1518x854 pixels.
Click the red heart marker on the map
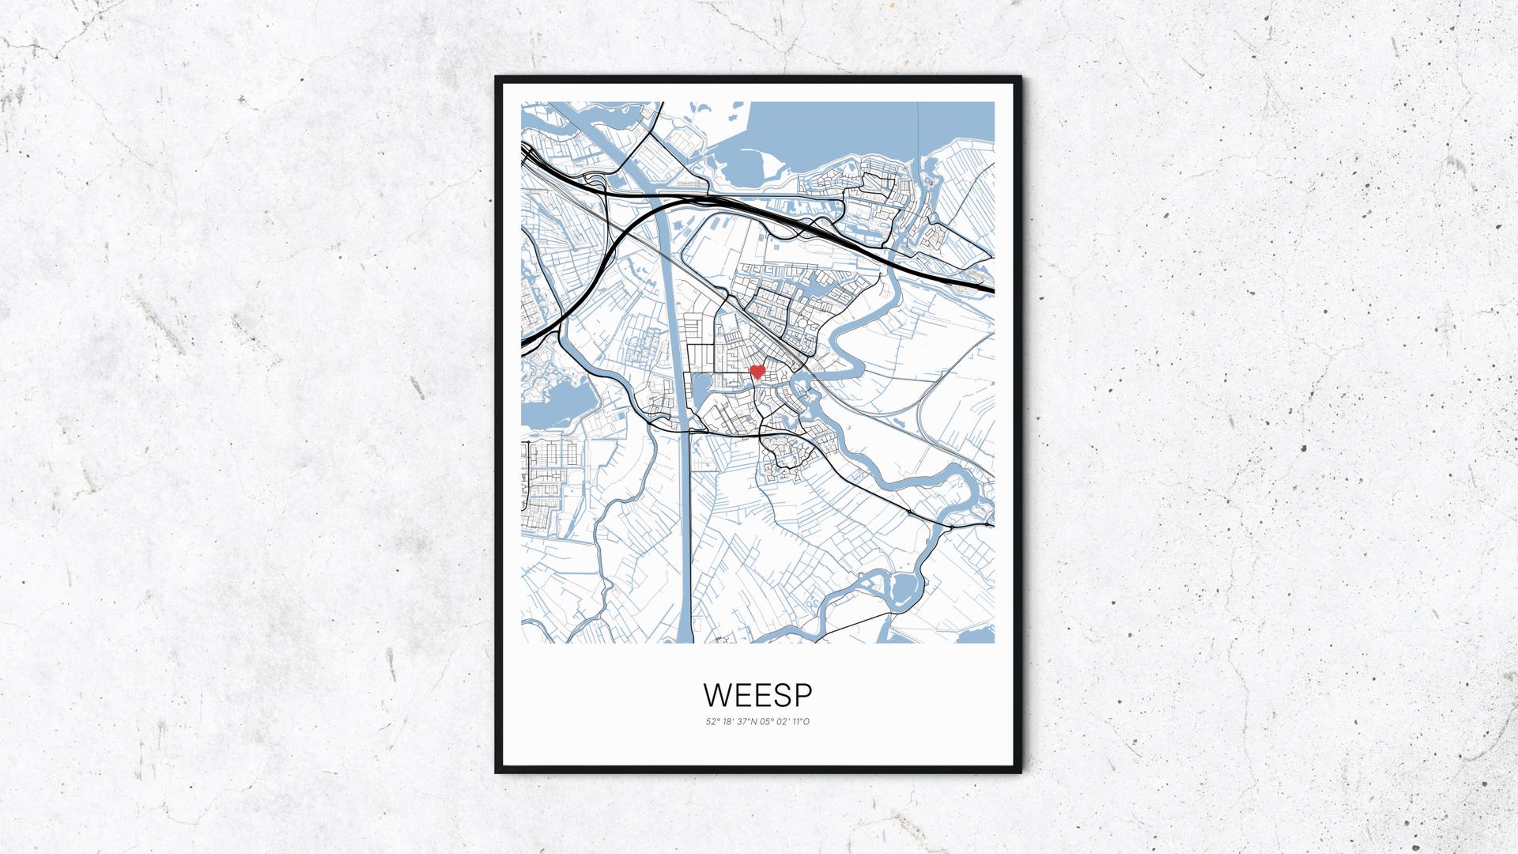click(757, 371)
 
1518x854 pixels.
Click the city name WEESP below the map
click(757, 694)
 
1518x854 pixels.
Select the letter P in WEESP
click(803, 694)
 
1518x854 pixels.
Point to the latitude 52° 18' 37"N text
click(731, 721)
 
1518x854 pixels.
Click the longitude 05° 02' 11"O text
click(784, 721)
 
